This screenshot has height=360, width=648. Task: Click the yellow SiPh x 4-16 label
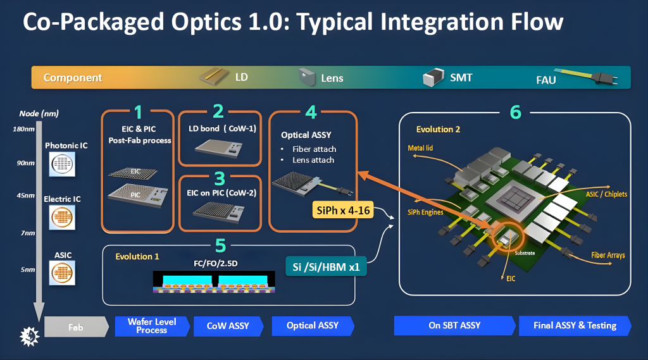(343, 210)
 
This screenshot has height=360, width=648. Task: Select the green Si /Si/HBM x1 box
(327, 267)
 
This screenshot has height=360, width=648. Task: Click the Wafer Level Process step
(152, 326)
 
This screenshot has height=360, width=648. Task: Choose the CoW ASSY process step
(228, 326)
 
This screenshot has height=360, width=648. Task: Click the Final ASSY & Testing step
(574, 326)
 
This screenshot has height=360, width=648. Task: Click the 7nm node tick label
(27, 233)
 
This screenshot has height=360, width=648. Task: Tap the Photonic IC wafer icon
(62, 164)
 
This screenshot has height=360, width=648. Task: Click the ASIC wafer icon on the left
(62, 273)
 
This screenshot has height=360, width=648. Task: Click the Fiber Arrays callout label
(607, 256)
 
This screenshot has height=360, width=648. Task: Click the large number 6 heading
(516, 112)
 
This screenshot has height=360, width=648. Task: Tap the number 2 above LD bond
(218, 111)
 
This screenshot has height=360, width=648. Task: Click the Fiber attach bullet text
(315, 149)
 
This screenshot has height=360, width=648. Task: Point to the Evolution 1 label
(137, 256)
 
